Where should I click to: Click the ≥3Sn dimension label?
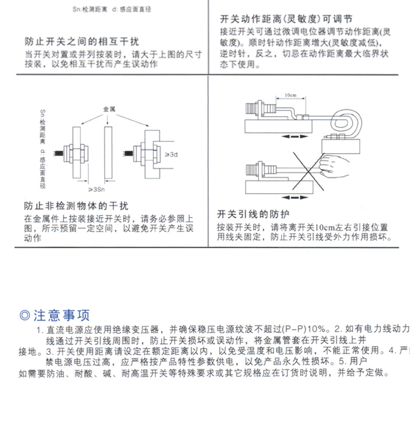[x=95, y=189]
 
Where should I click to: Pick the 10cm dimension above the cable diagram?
[x=290, y=95]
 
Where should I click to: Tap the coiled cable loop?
[x=346, y=122]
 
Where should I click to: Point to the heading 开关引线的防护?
[x=253, y=214]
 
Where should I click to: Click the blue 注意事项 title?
[x=61, y=315]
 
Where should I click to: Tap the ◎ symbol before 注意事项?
[x=24, y=315]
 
